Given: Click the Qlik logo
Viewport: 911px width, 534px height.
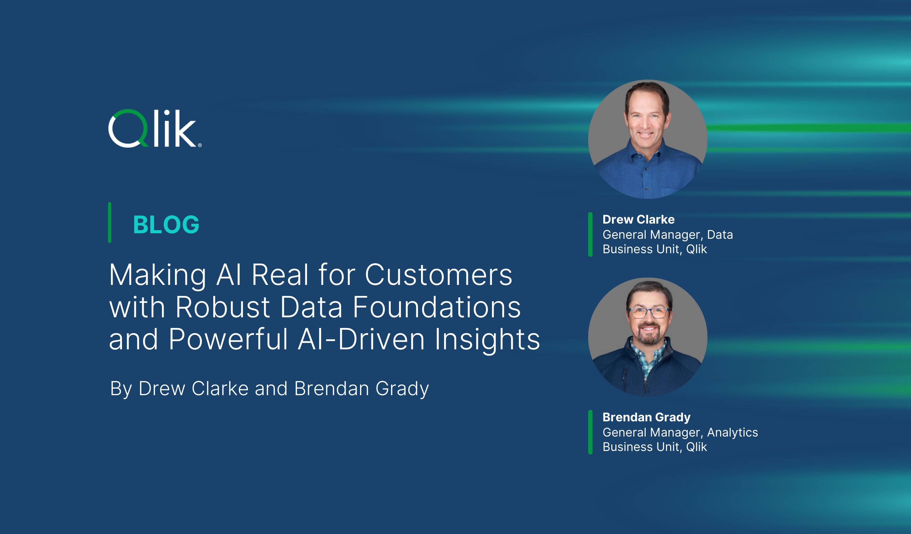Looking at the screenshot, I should click(x=154, y=129).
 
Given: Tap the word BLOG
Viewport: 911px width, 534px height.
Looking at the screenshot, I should click(x=166, y=225).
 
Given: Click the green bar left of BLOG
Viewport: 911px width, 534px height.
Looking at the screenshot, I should click(x=110, y=223).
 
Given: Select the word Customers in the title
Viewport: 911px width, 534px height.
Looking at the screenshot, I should click(x=438, y=275).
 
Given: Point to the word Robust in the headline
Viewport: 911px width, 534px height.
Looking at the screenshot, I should click(x=222, y=307).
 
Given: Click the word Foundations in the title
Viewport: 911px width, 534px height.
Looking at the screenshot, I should click(x=436, y=307).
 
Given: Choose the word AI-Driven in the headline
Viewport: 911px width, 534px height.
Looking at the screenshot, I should click(x=361, y=339).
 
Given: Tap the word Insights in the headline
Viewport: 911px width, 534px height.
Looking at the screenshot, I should click(x=487, y=339).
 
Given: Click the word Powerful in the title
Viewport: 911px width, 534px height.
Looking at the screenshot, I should click(x=228, y=339).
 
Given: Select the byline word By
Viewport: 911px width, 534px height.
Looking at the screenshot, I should click(x=121, y=389).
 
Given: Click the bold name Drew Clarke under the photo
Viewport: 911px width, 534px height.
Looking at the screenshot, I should click(x=638, y=219).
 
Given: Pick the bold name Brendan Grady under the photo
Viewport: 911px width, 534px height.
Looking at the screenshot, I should click(x=646, y=417).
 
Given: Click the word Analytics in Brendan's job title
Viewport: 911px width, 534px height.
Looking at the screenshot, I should click(x=733, y=432).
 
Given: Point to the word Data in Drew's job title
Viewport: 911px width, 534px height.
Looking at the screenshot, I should click(x=720, y=235).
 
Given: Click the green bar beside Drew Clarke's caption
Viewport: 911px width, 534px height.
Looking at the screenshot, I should click(x=590, y=235).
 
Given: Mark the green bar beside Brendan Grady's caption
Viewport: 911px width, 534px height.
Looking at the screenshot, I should click(x=590, y=432).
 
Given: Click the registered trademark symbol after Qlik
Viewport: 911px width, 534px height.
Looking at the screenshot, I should click(x=200, y=145).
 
